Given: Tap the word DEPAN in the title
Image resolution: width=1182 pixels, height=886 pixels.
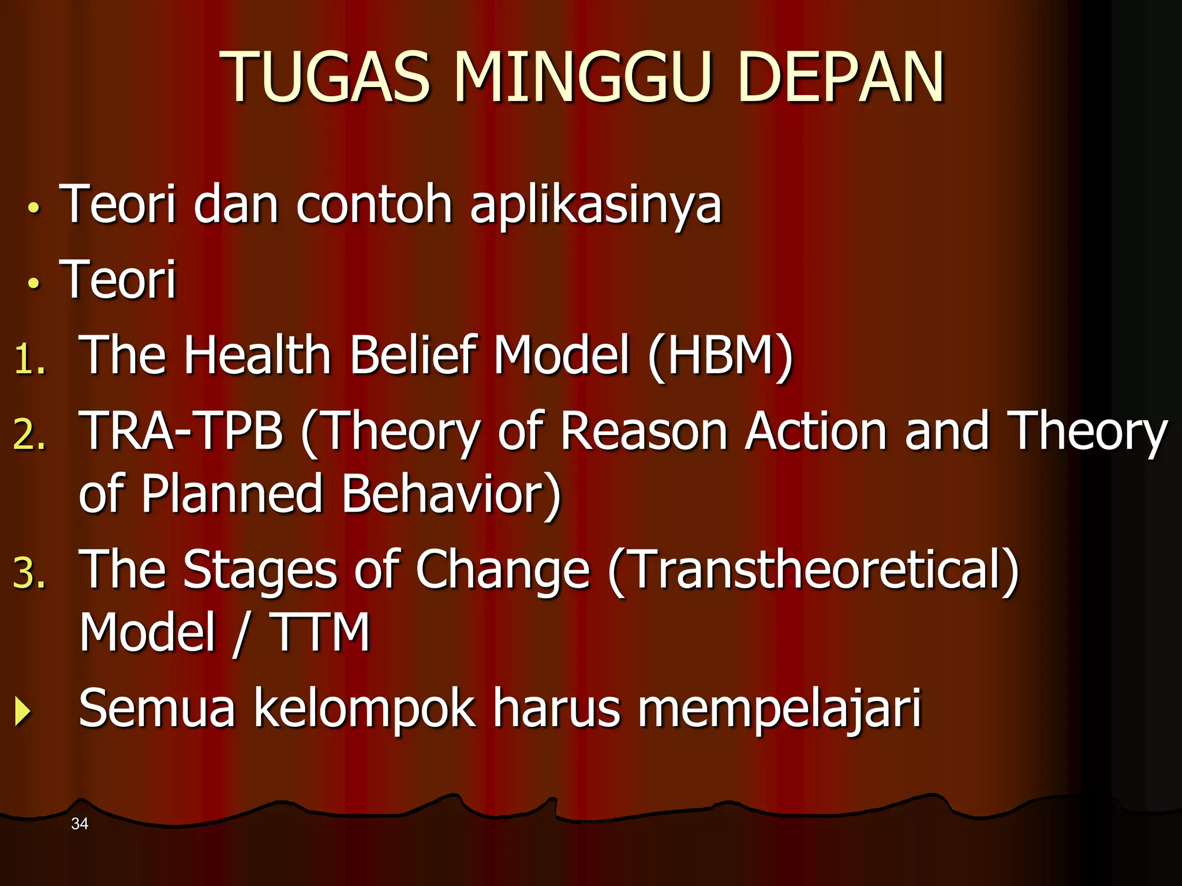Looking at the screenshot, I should [x=840, y=78].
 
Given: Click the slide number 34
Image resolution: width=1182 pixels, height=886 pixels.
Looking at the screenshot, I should [x=80, y=824].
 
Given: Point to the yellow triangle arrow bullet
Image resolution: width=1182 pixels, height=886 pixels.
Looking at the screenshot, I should [x=22, y=711].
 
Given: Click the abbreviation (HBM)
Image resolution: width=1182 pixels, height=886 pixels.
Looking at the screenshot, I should [x=720, y=356].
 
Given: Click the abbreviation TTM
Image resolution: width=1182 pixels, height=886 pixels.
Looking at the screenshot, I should [x=320, y=632].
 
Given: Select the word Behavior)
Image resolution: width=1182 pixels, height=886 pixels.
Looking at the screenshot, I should [x=451, y=494].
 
